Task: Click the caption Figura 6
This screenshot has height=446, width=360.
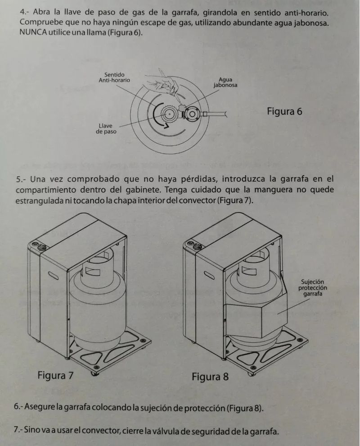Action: (x=284, y=111)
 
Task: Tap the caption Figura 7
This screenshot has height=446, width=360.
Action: (x=55, y=375)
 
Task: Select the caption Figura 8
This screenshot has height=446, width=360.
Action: (x=210, y=377)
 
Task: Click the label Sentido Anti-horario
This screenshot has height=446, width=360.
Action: (x=114, y=77)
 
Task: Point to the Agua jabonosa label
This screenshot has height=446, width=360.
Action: (x=225, y=82)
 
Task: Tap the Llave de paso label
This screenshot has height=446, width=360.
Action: (x=106, y=128)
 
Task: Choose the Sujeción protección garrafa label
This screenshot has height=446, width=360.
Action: (x=313, y=287)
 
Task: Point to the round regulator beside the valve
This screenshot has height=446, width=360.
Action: (x=192, y=114)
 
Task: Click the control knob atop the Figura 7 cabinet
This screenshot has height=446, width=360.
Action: (x=42, y=246)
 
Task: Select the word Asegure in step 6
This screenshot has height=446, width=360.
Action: (x=39, y=407)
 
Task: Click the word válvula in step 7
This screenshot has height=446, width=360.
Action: (x=162, y=431)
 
